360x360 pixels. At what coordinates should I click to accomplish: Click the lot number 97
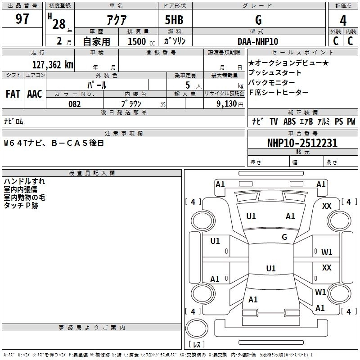pos(22,18)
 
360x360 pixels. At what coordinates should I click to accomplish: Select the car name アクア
pos(117,20)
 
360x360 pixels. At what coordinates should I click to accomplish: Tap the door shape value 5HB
pos(174,20)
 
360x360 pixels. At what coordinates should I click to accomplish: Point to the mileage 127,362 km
pos(53,64)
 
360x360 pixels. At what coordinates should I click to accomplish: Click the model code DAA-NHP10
pos(258,41)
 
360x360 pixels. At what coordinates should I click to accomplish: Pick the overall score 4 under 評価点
pos(343,20)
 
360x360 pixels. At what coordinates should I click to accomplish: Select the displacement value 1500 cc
pos(141,41)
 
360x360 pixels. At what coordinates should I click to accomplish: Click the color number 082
pos(74,104)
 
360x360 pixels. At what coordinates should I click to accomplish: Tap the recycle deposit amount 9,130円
pos(230,104)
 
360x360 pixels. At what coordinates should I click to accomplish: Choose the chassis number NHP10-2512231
pos(302,143)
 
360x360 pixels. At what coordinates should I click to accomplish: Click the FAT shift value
pos(13,94)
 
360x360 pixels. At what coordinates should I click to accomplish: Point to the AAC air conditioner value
pos(35,94)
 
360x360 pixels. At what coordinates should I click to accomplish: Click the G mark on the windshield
pos(284,237)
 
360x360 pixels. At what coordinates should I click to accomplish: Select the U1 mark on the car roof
pos(271,268)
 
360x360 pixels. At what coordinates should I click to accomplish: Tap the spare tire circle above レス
pos(197,328)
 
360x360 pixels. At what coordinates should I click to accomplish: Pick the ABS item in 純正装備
pos(289,121)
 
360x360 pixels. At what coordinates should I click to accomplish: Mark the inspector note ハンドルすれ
pos(24,181)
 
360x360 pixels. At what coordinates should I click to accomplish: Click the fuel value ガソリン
pos(175,41)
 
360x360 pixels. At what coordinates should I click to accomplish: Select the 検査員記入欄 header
pos(92,173)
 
